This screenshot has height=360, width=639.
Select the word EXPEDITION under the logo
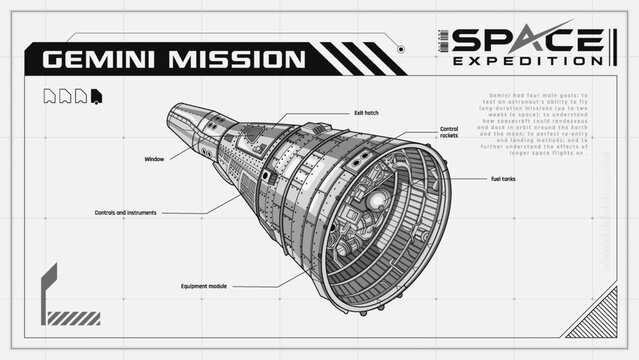[x=527, y=61]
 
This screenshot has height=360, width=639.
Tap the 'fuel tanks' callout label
[x=503, y=179]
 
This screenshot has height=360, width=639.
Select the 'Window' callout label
[x=154, y=159]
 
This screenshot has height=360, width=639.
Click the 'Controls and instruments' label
[x=126, y=213]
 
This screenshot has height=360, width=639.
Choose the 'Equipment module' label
[x=204, y=286]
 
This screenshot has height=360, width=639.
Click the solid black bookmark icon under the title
[x=95, y=96]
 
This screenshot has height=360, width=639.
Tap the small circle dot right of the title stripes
[x=401, y=48]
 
